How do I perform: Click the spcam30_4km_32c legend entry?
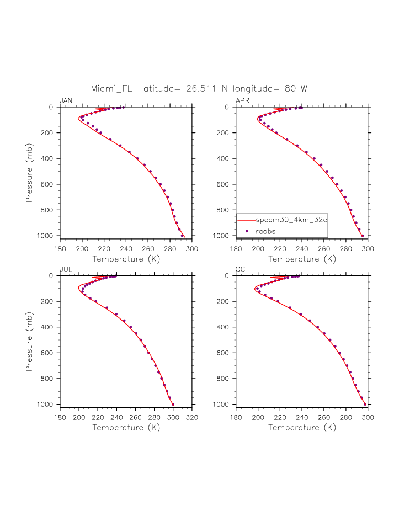(x=291, y=220)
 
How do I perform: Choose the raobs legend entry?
(x=265, y=231)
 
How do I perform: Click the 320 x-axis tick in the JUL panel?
(x=191, y=418)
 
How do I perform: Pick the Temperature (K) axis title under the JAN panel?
(x=126, y=259)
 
